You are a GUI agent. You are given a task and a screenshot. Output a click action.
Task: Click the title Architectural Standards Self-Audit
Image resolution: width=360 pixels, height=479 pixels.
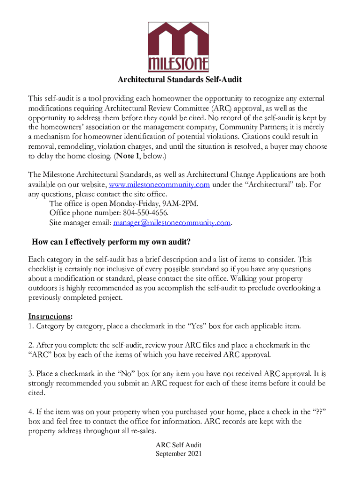point(180,80)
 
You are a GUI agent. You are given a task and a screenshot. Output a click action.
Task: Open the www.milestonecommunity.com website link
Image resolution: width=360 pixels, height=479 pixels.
point(159,185)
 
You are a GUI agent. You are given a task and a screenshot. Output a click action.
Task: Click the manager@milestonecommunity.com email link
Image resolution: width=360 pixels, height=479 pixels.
point(172,223)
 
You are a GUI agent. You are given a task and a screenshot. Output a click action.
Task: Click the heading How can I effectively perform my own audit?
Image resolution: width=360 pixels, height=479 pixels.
point(111,242)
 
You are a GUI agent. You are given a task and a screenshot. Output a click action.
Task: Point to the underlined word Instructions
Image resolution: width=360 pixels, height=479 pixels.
point(50,316)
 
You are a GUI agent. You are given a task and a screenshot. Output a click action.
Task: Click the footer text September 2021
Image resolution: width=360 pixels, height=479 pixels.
point(179,453)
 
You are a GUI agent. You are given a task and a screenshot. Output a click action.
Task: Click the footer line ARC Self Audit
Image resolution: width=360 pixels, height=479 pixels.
point(179,445)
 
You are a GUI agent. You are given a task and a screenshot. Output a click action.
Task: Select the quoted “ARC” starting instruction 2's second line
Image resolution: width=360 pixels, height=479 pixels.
point(39,355)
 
